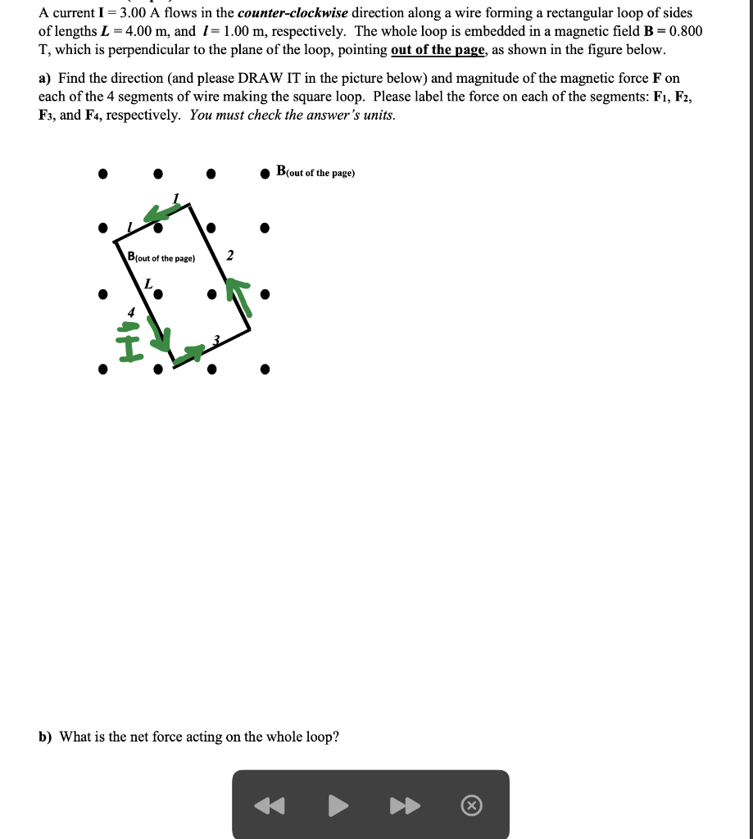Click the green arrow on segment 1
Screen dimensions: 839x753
(x=161, y=212)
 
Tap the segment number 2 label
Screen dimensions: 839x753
(x=230, y=256)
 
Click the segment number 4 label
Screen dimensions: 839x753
(x=129, y=311)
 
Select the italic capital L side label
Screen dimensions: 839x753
(x=148, y=283)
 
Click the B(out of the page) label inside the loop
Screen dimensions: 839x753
(x=161, y=257)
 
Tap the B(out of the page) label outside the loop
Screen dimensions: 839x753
(x=315, y=172)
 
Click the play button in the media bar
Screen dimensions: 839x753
(x=338, y=806)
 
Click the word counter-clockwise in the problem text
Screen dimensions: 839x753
(x=293, y=13)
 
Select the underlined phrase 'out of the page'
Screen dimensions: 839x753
(x=438, y=50)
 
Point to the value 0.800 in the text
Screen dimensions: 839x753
(x=685, y=31)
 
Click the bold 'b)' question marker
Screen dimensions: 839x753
(x=45, y=737)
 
